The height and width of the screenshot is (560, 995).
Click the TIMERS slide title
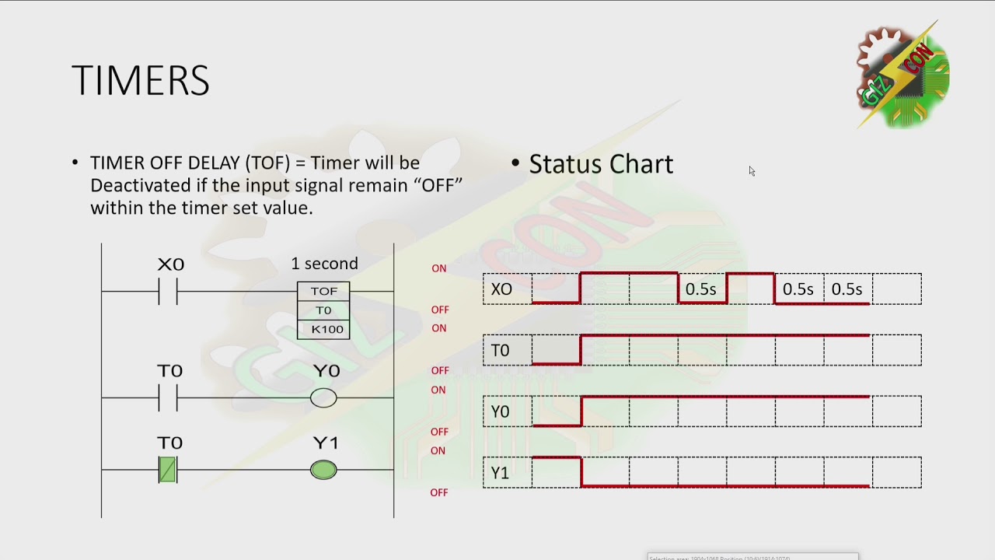pyautogui.click(x=141, y=81)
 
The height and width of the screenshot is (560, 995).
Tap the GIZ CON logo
pyautogui.click(x=902, y=75)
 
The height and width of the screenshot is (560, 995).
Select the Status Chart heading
pyautogui.click(x=601, y=164)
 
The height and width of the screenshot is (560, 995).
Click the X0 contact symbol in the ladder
pyautogui.click(x=168, y=292)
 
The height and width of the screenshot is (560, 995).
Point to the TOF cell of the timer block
pyautogui.click(x=323, y=291)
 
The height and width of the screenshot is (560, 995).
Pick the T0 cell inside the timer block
pyautogui.click(x=323, y=310)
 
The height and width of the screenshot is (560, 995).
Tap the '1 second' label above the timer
pyautogui.click(x=324, y=264)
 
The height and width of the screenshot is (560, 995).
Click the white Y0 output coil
pyautogui.click(x=323, y=398)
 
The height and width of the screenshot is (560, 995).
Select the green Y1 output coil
pyautogui.click(x=323, y=470)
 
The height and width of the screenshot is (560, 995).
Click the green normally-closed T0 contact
pyautogui.click(x=168, y=470)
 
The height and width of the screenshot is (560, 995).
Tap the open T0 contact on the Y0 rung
pyautogui.click(x=168, y=398)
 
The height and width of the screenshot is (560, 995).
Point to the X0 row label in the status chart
pyautogui.click(x=502, y=289)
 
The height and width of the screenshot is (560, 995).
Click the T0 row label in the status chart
pyautogui.click(x=501, y=350)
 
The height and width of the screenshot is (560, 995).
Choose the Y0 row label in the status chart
pyautogui.click(x=501, y=411)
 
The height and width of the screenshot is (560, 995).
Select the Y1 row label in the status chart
pyautogui.click(x=501, y=473)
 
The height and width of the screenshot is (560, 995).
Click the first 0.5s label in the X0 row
pyautogui.click(x=700, y=289)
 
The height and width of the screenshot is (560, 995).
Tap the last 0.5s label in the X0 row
pyautogui.click(x=847, y=289)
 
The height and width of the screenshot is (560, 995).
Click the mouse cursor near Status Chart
pyautogui.click(x=752, y=171)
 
